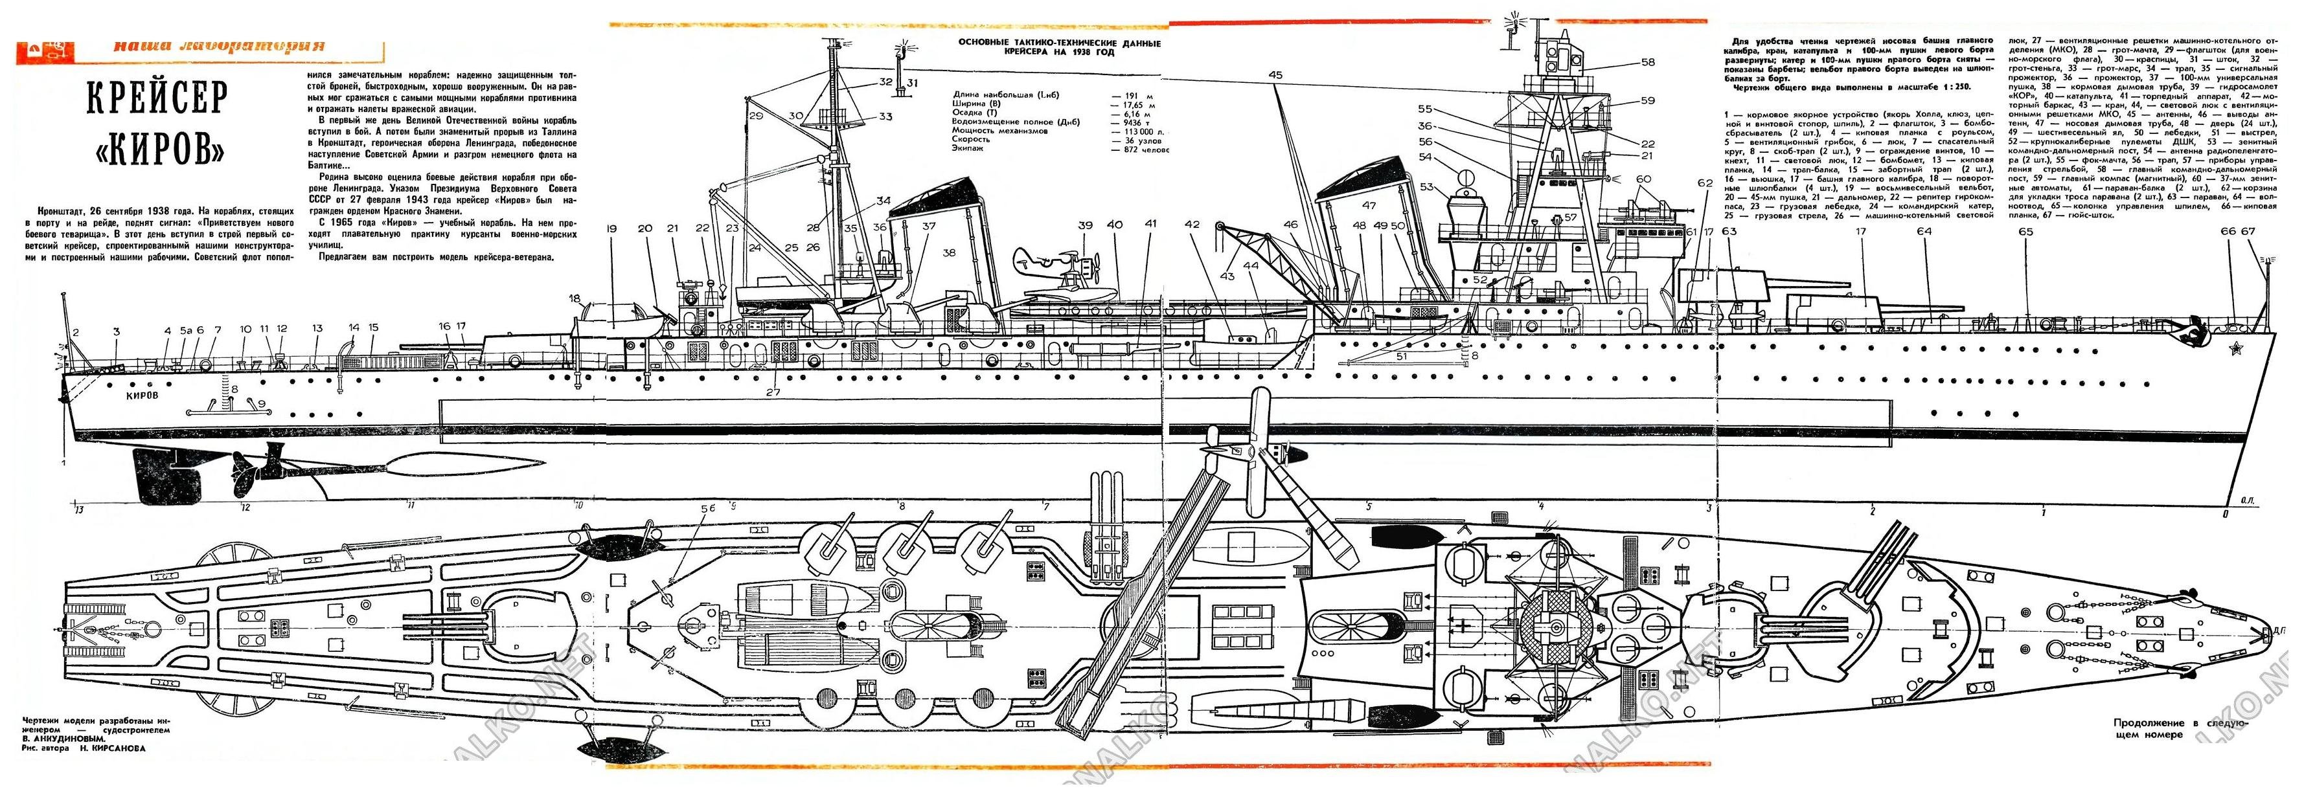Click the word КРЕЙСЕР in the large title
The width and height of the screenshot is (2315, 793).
tap(158, 100)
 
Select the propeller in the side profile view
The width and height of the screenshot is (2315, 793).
tap(243, 471)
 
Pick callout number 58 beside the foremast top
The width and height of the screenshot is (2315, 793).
tap(1647, 63)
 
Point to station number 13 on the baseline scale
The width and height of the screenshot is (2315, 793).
tap(79, 510)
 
